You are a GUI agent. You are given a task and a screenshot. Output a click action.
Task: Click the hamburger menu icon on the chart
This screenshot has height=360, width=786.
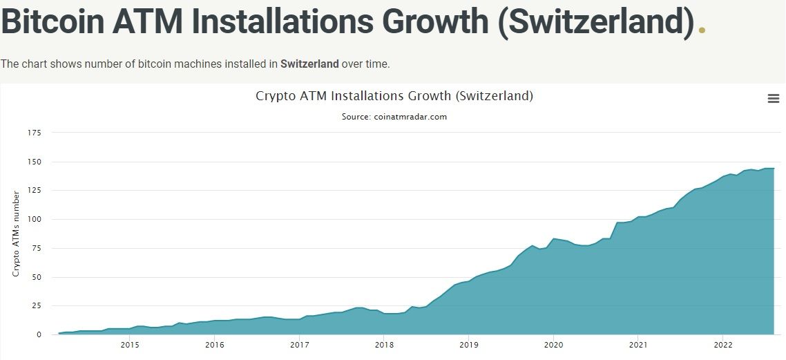[x=774, y=99]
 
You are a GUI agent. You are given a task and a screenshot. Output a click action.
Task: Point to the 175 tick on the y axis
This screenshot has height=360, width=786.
[x=35, y=133]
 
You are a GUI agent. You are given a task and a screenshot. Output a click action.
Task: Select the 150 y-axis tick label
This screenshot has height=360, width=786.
[x=35, y=162]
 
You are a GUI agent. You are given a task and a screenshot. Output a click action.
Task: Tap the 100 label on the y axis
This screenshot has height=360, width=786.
[x=35, y=219]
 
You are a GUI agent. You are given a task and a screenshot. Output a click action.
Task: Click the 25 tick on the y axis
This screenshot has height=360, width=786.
[x=37, y=305]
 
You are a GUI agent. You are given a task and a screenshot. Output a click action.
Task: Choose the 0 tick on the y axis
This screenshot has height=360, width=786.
[x=39, y=334]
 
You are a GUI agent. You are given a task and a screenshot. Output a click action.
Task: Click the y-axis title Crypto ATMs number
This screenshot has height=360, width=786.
[x=16, y=234]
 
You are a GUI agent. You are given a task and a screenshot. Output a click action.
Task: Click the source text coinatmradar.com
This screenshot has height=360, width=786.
[x=394, y=117]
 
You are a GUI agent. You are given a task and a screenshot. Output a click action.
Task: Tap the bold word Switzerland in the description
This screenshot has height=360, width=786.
[x=309, y=64]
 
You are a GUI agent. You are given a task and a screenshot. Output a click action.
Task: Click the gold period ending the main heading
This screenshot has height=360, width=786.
[x=702, y=29]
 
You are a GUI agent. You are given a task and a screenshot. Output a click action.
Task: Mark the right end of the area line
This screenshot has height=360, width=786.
[x=774, y=169]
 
